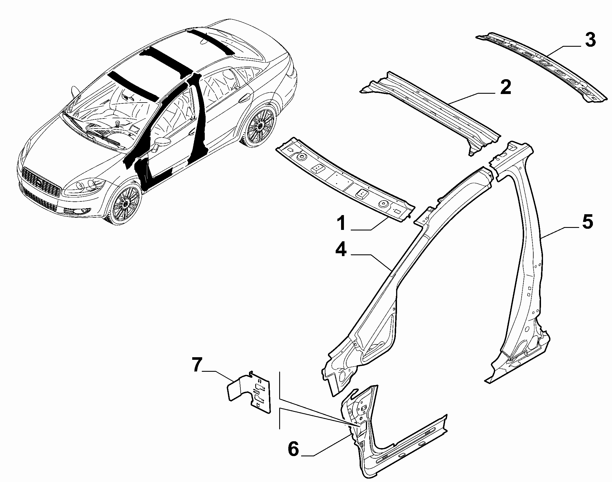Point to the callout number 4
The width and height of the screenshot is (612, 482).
(x=341, y=250)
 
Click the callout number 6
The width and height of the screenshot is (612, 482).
(x=293, y=450)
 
